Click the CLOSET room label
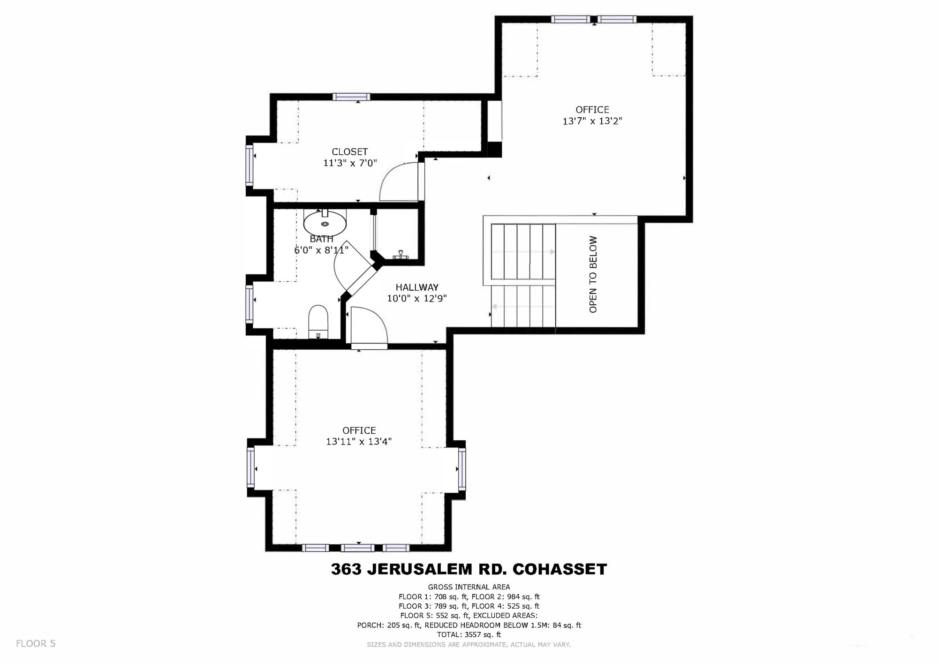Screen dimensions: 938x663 [x=349, y=151]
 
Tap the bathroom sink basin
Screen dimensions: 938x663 [x=325, y=223]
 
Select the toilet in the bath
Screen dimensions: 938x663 [x=318, y=321]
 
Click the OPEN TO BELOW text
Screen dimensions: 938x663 [x=593, y=274]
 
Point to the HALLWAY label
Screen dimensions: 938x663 [x=416, y=287]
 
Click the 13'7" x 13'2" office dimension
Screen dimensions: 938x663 [x=592, y=121]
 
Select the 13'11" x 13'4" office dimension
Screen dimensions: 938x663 [x=359, y=441]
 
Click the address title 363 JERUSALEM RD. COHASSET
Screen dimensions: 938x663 [x=469, y=569]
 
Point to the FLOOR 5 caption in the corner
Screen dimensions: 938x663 [x=36, y=644]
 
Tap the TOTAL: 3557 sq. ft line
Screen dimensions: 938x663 [x=469, y=634]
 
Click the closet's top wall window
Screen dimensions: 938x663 [x=351, y=97]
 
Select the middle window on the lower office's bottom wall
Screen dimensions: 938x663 [x=357, y=548]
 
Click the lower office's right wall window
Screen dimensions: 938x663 [x=462, y=468]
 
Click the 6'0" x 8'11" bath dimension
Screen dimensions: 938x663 [x=321, y=250]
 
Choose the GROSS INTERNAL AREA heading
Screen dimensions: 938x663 [x=469, y=587]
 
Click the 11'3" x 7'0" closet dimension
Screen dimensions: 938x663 [x=350, y=163]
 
